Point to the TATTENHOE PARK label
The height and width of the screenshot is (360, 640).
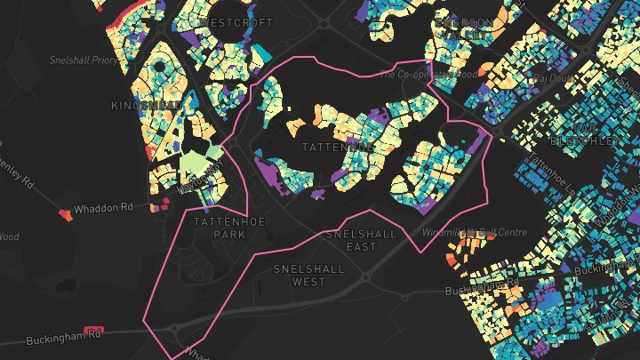click(219, 228)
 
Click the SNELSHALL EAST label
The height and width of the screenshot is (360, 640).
click(363, 240)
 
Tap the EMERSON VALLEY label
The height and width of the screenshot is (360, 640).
click(462, 28)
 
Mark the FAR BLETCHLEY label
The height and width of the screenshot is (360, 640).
click(583, 132)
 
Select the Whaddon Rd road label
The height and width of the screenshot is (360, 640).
click(103, 207)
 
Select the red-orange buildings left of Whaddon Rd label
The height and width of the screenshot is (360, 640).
click(63, 214)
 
